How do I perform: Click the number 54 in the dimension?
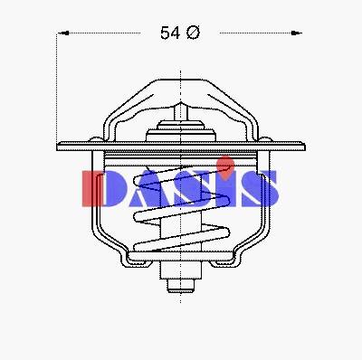click(x=170, y=33)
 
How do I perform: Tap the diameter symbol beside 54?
click(x=193, y=33)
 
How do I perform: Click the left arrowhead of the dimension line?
click(x=63, y=33)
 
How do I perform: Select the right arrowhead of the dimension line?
click(x=296, y=33)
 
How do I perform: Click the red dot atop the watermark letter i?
click(x=227, y=164)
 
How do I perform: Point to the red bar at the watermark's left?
click(x=92, y=189)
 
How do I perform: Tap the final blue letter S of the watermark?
click(x=260, y=189)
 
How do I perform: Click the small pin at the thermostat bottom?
click(x=181, y=286)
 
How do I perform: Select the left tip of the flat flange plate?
click(x=57, y=147)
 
